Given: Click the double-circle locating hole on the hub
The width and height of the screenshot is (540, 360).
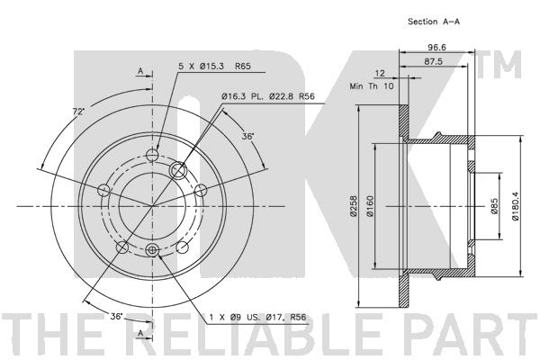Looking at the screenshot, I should (179, 168).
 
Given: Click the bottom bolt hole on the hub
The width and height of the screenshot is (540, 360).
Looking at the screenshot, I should (152, 250).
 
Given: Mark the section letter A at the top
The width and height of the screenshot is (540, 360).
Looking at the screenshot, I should (140, 70).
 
